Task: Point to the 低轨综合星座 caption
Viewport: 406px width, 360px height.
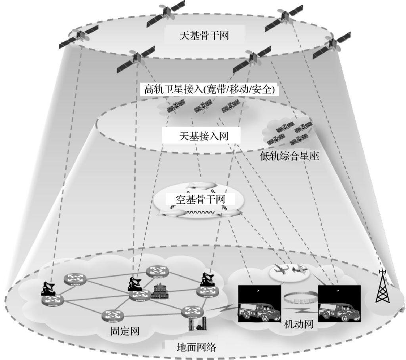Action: (289, 156)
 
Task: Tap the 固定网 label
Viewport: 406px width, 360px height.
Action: (124, 330)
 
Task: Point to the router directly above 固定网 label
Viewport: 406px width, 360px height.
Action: (113, 316)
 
